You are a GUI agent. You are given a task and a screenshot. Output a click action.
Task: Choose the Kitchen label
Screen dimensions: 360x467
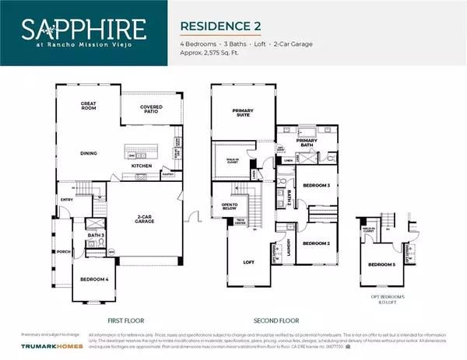click(141, 166)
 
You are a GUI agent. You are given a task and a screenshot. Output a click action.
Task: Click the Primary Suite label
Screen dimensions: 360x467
click(244, 113)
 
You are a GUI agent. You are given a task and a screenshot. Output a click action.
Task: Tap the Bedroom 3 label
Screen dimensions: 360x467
click(316, 186)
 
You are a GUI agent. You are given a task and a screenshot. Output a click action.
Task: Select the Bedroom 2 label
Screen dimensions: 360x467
click(316, 243)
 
